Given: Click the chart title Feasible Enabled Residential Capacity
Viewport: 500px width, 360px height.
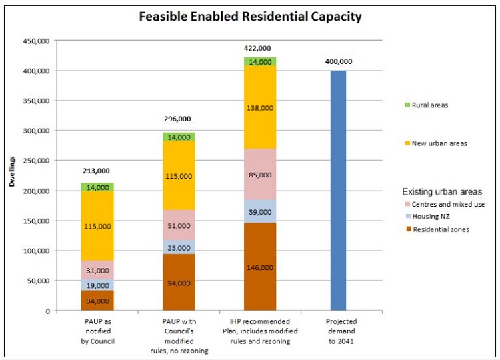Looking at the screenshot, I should [x=250, y=17].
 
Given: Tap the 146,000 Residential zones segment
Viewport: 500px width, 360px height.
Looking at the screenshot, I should [x=259, y=267].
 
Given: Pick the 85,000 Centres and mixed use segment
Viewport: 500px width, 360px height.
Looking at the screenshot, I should [x=259, y=174].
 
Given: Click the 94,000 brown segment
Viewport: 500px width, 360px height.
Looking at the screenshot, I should [x=178, y=283].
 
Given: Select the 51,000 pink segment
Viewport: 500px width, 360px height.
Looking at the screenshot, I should [x=178, y=225].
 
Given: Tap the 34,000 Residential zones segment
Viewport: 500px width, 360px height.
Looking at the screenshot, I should [x=97, y=300].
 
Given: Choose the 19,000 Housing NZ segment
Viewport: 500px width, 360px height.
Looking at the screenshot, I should [x=97, y=285].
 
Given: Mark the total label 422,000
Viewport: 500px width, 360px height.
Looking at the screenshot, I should [x=259, y=48].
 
